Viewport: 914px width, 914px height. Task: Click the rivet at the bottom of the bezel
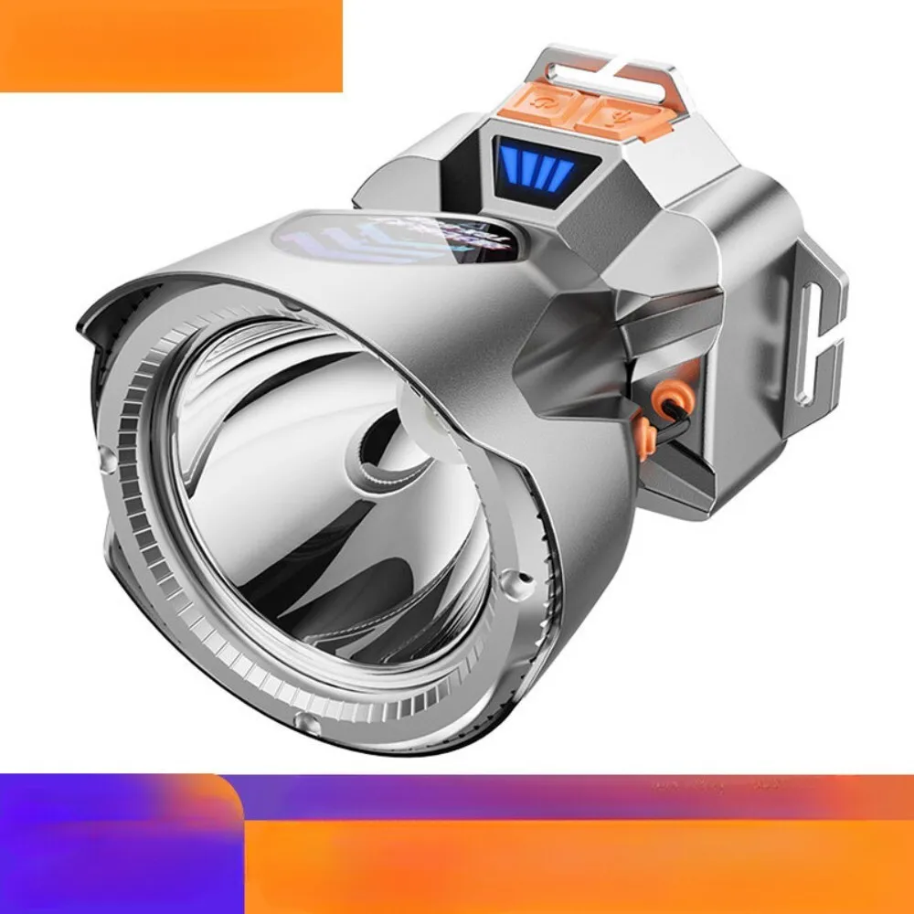point(312,725)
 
